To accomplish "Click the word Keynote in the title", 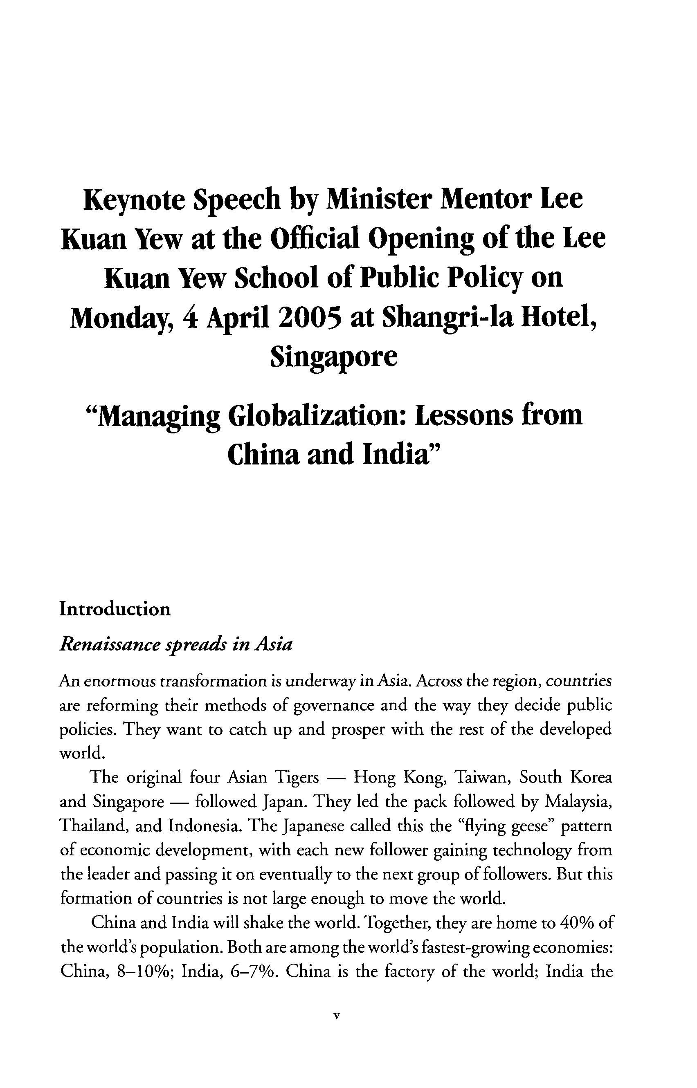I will pyautogui.click(x=135, y=200).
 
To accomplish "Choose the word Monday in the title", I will pyautogui.click(x=122, y=319).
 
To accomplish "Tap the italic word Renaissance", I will pyautogui.click(x=110, y=645).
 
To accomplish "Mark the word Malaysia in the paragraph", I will pyautogui.click(x=578, y=802).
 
